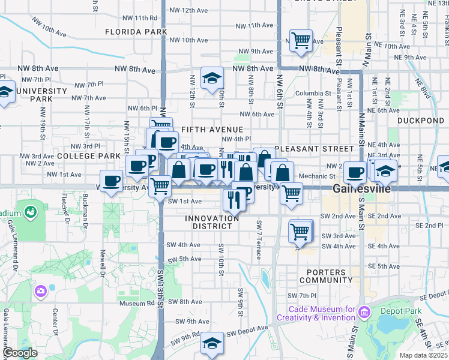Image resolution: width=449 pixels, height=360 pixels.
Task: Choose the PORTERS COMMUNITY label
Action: (x=322, y=276)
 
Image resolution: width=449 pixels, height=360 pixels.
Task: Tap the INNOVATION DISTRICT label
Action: (x=212, y=222)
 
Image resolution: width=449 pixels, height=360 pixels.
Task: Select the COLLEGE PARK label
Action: (x=89, y=155)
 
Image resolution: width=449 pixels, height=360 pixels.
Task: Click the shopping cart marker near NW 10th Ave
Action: (x=301, y=41)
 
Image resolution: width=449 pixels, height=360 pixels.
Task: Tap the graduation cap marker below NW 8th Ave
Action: (x=212, y=79)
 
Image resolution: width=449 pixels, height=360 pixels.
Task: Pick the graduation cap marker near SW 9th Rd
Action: (x=211, y=343)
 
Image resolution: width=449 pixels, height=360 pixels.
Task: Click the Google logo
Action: (x=20, y=353)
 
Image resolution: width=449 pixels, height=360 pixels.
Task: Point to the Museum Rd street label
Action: (x=137, y=303)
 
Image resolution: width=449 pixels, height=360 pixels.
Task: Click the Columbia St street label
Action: (x=312, y=93)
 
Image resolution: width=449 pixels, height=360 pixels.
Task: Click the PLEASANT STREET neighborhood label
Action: (x=314, y=148)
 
